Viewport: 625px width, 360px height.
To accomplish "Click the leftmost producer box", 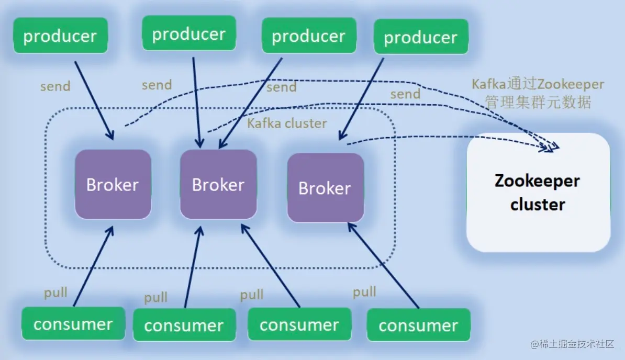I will point(60,36).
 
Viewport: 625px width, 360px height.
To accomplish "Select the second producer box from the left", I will point(189,33).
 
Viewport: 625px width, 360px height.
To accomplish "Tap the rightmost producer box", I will point(421,37).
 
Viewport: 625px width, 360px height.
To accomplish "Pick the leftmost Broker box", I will point(113,184).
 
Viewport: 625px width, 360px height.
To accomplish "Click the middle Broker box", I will point(218,184).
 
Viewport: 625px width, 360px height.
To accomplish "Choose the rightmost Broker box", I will point(325,187).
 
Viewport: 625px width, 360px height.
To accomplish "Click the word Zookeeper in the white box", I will point(537,181).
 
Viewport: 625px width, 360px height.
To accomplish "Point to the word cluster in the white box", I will point(538,204).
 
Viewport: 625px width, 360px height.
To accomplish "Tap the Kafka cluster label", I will point(287,123).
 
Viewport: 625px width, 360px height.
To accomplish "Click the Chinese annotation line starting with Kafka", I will point(538,84).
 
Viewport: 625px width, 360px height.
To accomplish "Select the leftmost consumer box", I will point(73,324).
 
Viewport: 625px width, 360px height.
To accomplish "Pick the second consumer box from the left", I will point(184,325).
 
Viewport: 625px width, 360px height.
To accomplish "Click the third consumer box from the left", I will point(299,325).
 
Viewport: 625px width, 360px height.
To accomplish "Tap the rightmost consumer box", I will point(418,325).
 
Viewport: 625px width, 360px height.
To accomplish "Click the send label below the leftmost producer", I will point(55,86).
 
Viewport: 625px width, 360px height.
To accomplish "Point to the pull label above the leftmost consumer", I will point(55,292).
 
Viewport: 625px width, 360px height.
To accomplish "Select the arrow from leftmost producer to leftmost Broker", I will point(94,100).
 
